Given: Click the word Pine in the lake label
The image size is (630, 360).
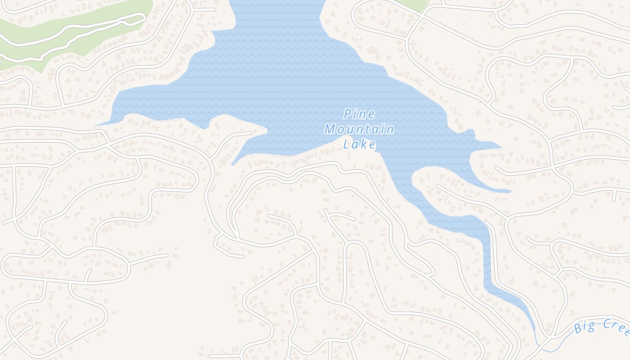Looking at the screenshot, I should click(359, 114).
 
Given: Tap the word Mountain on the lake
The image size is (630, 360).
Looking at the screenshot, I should click(359, 130).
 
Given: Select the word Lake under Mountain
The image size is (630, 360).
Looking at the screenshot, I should click(359, 144).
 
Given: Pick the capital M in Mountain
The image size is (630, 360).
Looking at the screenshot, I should click(330, 130).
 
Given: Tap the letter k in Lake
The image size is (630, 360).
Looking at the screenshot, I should click(365, 144).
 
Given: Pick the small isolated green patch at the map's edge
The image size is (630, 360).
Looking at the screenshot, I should click(412, 4).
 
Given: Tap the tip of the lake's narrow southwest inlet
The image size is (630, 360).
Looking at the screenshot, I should click(232, 165).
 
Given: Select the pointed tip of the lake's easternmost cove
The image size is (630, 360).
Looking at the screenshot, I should click(502, 147).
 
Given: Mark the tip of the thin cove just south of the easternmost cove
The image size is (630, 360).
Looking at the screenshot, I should click(510, 192).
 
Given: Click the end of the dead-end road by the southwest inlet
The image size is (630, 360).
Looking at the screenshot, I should click(251, 133).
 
